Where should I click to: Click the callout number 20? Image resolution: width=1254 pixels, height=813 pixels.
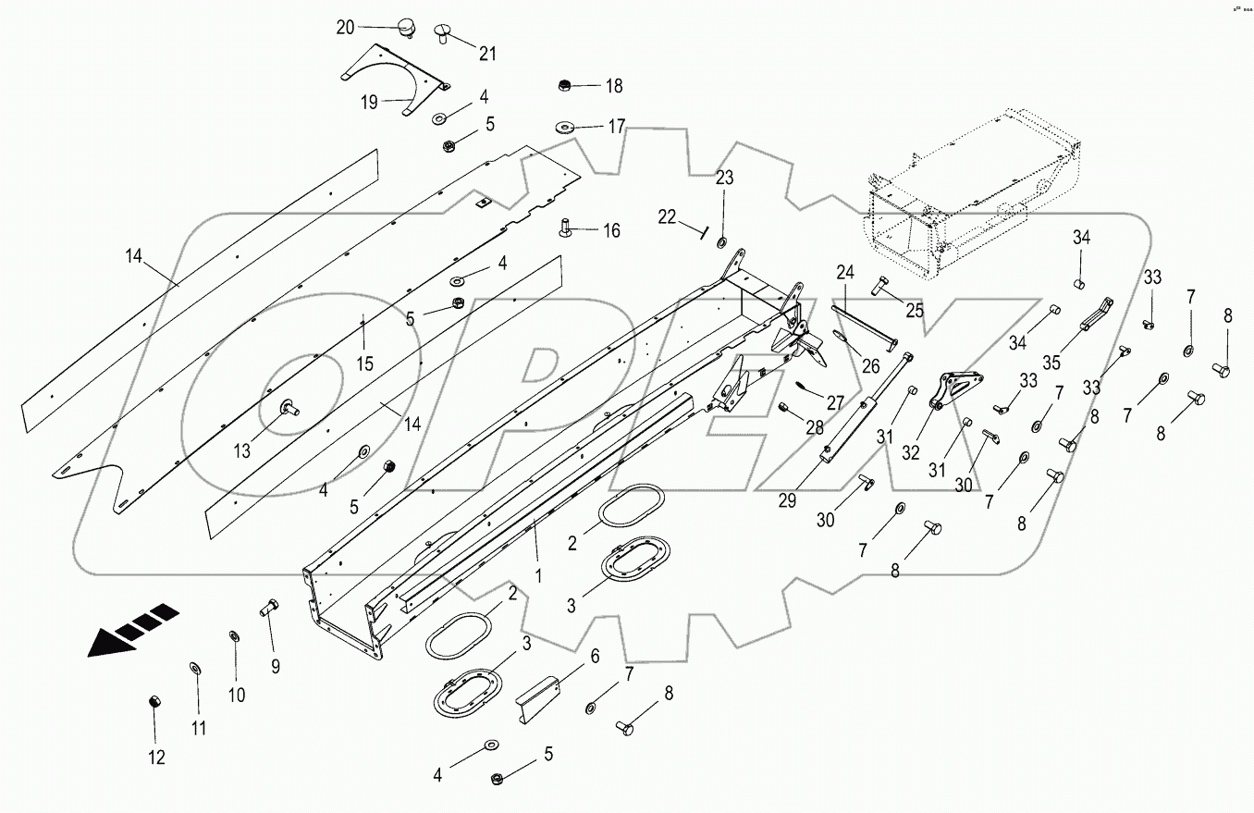tap(344, 28)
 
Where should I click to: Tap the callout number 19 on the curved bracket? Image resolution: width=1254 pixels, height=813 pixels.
tap(369, 103)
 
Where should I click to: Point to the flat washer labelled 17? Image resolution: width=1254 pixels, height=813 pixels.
tap(564, 125)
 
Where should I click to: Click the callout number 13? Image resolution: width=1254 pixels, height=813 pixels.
tap(241, 450)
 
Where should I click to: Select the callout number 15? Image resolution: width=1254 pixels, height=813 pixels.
tap(365, 363)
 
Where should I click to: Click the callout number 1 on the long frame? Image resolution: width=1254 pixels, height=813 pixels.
tap(538, 574)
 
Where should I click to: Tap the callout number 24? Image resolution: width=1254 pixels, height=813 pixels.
tap(844, 273)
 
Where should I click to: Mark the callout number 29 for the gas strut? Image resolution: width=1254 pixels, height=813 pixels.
tap(787, 499)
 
